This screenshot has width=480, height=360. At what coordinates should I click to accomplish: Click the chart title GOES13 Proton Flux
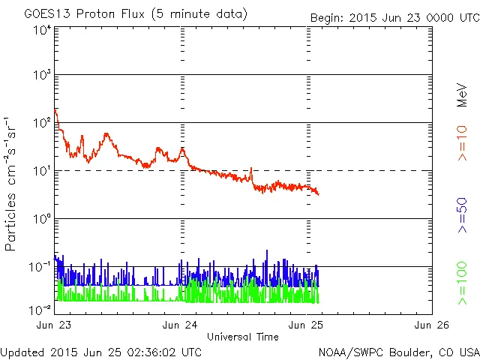click(135, 14)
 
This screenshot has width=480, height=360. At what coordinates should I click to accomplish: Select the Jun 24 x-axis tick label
click(180, 325)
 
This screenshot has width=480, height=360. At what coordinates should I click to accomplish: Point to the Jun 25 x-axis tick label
click(306, 325)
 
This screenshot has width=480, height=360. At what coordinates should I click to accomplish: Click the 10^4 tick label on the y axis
click(42, 30)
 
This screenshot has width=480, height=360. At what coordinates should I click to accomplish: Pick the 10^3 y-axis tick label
click(42, 76)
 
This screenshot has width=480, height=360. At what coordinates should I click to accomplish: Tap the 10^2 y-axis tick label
click(42, 124)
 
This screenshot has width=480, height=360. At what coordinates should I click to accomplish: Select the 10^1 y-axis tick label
click(42, 172)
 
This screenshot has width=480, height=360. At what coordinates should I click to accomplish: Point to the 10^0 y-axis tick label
click(42, 220)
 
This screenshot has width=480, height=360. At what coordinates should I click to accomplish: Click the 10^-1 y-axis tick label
click(40, 268)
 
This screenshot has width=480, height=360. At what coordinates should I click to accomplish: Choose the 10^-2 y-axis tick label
click(40, 309)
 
